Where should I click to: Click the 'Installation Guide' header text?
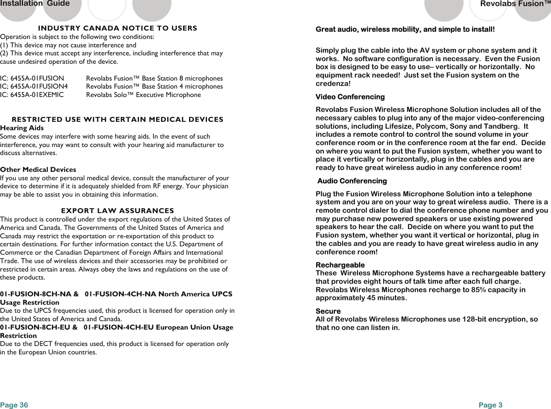(x=35, y=4)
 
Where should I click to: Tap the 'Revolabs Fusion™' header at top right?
(x=515, y=4)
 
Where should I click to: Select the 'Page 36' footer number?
(x=14, y=405)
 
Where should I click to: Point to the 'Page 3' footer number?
(x=490, y=405)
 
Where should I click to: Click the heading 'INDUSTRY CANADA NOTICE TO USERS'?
(x=117, y=28)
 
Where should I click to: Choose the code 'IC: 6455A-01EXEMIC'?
(x=32, y=95)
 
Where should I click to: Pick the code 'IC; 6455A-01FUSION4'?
(x=34, y=86)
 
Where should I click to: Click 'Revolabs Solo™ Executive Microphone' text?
(x=143, y=95)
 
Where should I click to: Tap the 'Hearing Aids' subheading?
(x=22, y=128)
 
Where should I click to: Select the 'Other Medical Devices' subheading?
(x=38, y=170)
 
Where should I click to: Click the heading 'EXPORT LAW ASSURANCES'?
(x=117, y=211)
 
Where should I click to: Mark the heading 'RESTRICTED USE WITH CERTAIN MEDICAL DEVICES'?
(x=117, y=120)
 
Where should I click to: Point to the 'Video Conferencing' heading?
(x=350, y=97)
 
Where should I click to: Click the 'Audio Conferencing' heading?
(x=352, y=181)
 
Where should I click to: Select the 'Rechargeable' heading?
(x=340, y=265)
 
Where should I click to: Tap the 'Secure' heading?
(x=328, y=311)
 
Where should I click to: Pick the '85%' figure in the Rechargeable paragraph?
(x=478, y=290)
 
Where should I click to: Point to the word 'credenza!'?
(x=333, y=84)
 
